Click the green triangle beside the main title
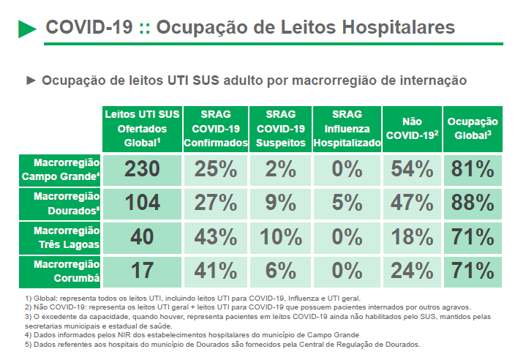pos(27,29)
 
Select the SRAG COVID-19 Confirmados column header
pos(214,129)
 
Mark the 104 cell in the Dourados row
pos(141,203)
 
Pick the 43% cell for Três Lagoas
pos(215,237)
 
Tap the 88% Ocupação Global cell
pos(473,203)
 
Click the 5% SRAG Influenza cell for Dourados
pos(347,203)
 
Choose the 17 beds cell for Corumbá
pos(141,271)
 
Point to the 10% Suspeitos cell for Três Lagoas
pos(280,237)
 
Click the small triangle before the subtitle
pos(31,80)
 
